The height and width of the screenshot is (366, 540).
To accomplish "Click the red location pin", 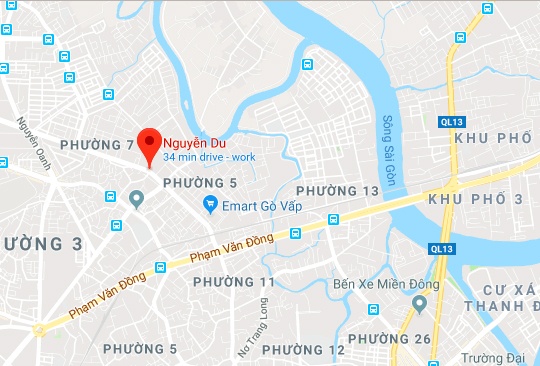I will coord(149,146).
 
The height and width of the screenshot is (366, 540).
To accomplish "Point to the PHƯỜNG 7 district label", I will coord(97,145).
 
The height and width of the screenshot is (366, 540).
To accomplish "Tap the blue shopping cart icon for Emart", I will coord(211,205).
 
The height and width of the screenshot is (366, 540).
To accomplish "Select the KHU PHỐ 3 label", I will coord(475,200).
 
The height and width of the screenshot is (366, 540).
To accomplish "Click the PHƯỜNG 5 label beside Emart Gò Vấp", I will coord(200,183).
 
